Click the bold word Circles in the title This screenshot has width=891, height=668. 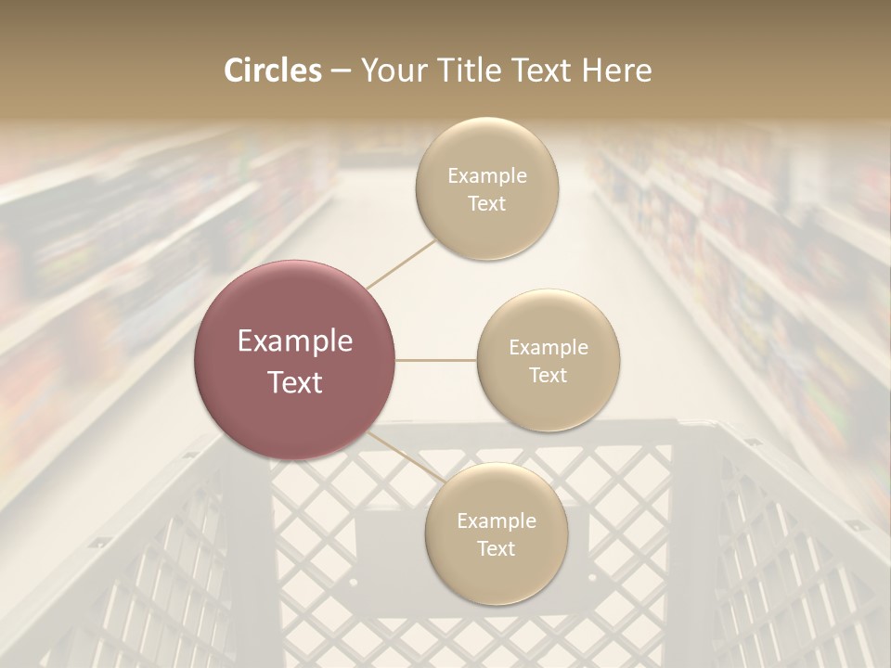pos(272,71)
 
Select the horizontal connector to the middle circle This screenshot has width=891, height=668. pos(436,360)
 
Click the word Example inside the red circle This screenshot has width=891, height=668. pos(295,341)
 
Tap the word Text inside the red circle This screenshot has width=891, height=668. pos(295,382)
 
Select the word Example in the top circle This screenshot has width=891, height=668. pos(487,176)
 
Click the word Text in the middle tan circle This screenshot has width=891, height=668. pos(549,375)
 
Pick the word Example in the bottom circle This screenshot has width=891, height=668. pos(497,520)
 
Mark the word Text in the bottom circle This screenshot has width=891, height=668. pos(497,548)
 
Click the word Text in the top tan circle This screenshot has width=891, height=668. pos(486,204)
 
